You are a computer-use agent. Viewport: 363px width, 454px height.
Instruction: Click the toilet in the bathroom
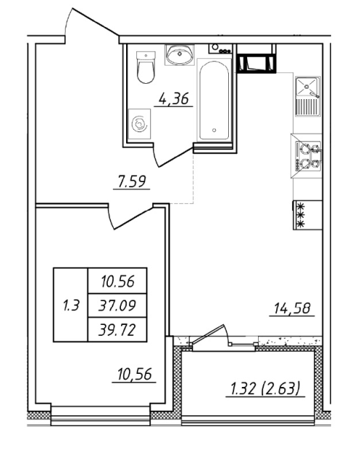[146, 67]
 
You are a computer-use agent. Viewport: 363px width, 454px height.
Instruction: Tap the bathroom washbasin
[179, 55]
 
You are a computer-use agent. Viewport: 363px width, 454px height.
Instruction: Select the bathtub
[214, 100]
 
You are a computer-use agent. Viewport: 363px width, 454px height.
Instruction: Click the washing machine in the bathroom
[139, 124]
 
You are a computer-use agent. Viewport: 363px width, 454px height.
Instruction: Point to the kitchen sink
[308, 96]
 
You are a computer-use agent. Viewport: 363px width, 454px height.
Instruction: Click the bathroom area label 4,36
[173, 99]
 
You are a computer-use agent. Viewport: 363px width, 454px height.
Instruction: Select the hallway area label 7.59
[132, 182]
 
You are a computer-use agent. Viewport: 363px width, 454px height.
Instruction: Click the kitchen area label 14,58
[292, 308]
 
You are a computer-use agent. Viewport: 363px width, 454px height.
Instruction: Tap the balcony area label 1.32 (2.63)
[265, 388]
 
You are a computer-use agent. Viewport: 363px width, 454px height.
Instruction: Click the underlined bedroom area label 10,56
[134, 374]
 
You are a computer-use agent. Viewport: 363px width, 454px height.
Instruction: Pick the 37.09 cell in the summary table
[117, 305]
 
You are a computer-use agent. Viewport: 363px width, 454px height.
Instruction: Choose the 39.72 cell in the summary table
[117, 329]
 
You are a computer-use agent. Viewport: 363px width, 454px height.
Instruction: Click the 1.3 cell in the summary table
[71, 305]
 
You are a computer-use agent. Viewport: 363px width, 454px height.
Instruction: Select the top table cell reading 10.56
[117, 281]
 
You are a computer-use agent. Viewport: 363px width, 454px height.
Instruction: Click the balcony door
[211, 335]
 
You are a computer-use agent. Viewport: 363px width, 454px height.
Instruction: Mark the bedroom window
[101, 416]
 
